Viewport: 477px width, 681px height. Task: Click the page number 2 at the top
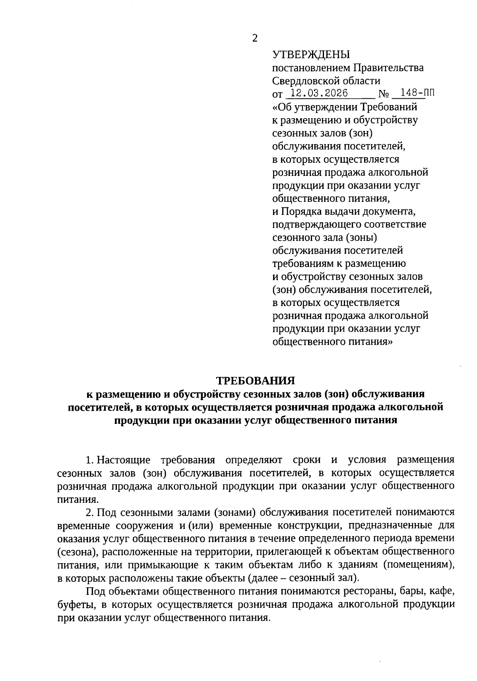click(x=255, y=38)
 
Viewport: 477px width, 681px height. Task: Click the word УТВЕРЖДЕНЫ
click(x=311, y=55)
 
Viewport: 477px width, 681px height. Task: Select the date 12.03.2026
click(x=319, y=94)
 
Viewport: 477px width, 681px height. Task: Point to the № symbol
click(x=384, y=94)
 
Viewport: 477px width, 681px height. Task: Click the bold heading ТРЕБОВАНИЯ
click(x=255, y=381)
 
